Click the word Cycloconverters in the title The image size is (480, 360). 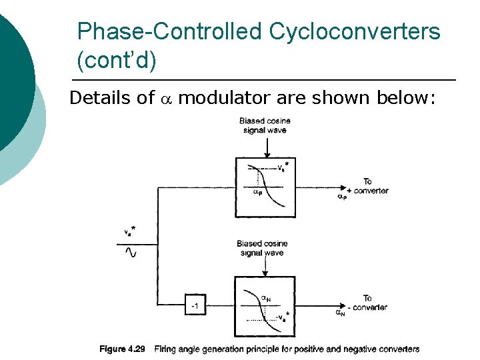(x=355, y=31)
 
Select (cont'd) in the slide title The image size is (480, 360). (x=117, y=61)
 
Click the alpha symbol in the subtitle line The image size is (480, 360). (x=167, y=99)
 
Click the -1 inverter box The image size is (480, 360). (x=195, y=306)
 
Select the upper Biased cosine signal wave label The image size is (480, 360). (x=265, y=125)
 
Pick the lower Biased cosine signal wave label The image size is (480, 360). (x=262, y=248)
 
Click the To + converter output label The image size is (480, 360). (x=367, y=186)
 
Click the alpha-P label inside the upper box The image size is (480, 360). (x=257, y=193)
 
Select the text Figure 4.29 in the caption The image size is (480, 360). (x=123, y=349)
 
